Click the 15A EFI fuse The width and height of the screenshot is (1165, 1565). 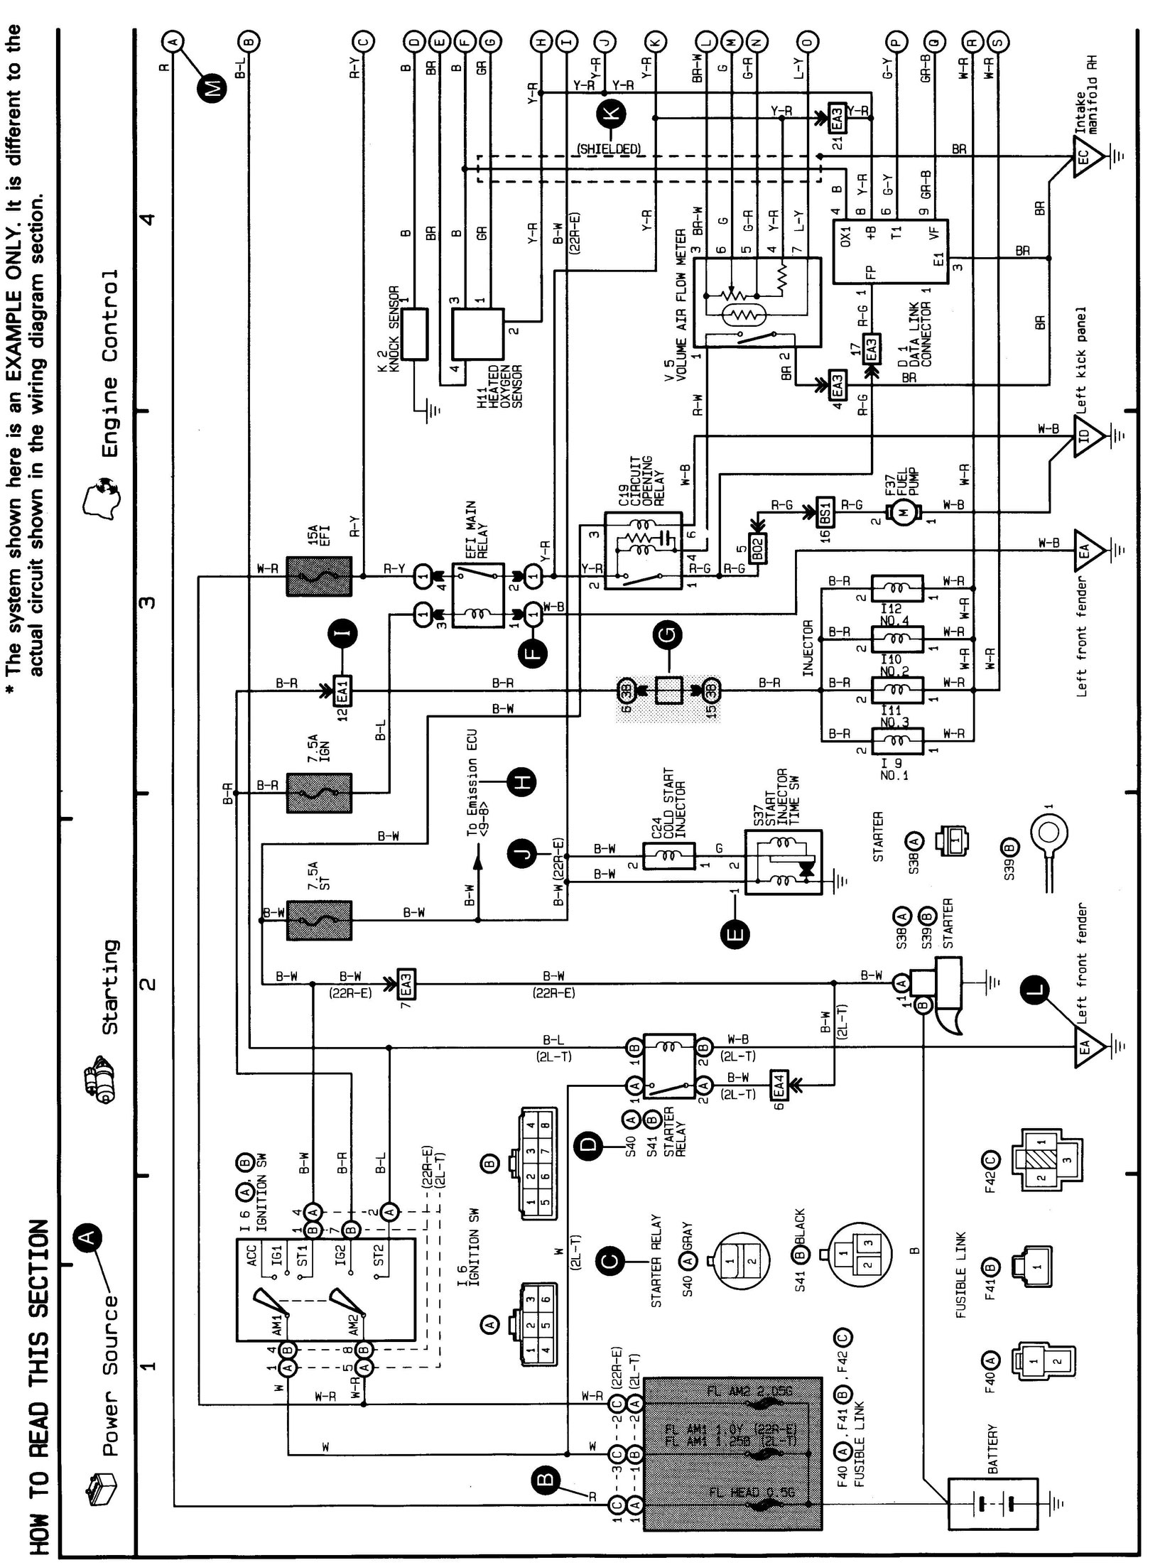(x=319, y=576)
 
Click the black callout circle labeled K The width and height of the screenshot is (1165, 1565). (x=610, y=113)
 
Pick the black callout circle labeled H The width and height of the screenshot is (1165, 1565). (x=521, y=782)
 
